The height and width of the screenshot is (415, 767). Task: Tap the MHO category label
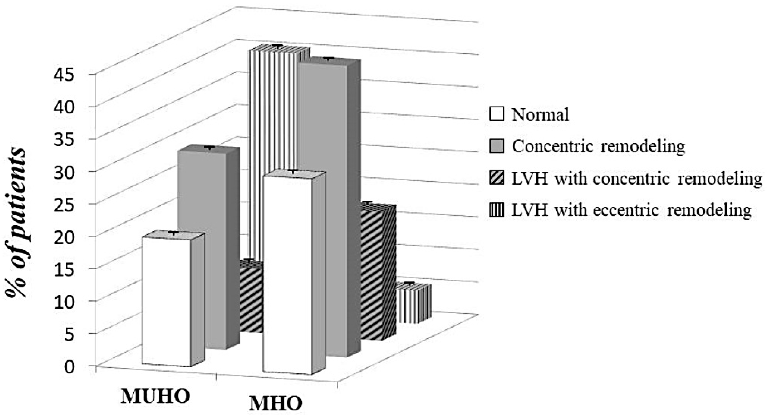(x=275, y=404)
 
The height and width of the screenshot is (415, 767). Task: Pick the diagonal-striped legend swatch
(x=496, y=179)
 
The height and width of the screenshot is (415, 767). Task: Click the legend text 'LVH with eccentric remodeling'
(x=631, y=210)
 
